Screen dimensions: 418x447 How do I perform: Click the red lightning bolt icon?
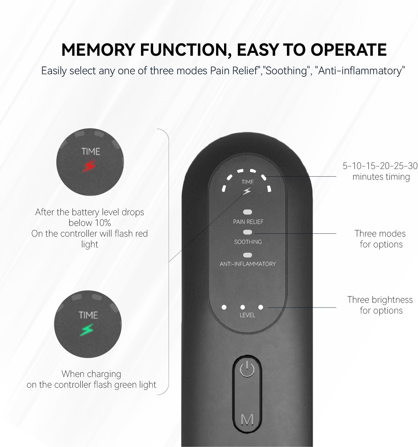pyautogui.click(x=89, y=166)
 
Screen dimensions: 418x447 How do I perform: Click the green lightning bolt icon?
pyautogui.click(x=87, y=330)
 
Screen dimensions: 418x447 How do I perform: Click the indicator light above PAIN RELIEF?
pyautogui.click(x=247, y=212)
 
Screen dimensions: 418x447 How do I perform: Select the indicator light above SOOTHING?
pyautogui.click(x=247, y=232)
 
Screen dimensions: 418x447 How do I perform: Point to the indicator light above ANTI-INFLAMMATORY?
pyautogui.click(x=247, y=255)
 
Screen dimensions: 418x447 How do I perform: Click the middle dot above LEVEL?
pyautogui.click(x=243, y=307)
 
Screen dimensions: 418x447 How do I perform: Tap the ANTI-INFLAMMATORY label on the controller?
pyautogui.click(x=248, y=264)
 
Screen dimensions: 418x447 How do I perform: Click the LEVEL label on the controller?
pyautogui.click(x=247, y=315)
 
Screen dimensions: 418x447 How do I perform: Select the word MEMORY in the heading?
pyautogui.click(x=98, y=50)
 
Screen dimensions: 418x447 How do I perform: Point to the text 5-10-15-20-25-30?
pyautogui.click(x=380, y=166)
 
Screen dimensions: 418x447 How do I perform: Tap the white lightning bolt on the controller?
pyautogui.click(x=247, y=191)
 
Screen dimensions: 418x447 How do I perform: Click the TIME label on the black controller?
pyautogui.click(x=248, y=182)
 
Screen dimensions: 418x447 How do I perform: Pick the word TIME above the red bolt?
pyautogui.click(x=91, y=151)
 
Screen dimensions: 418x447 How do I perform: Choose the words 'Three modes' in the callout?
pyautogui.click(x=380, y=234)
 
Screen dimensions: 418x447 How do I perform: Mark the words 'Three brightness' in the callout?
pyautogui.click(x=380, y=300)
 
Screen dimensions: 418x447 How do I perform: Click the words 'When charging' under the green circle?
pyautogui.click(x=91, y=374)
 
